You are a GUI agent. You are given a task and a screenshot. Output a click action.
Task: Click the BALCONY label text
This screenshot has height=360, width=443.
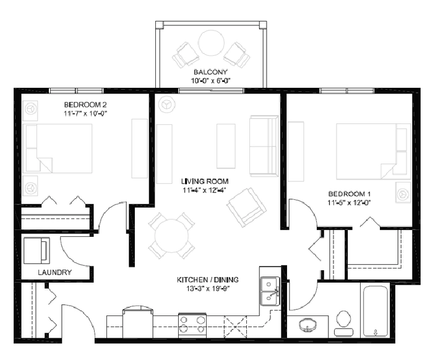(x=210, y=72)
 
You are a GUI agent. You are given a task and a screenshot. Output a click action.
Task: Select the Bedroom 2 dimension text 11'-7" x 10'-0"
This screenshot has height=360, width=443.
(x=85, y=114)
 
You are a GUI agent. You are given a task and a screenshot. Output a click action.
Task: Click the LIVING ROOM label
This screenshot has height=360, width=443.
(x=205, y=181)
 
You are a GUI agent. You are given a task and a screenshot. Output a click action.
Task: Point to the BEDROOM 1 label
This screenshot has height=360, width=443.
(x=349, y=194)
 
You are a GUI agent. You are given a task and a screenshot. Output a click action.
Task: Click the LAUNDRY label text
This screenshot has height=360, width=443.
(x=54, y=272)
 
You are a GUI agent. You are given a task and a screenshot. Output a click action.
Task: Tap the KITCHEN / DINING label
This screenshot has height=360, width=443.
(x=208, y=280)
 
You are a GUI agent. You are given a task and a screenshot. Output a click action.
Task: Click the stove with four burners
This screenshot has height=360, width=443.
(x=192, y=325)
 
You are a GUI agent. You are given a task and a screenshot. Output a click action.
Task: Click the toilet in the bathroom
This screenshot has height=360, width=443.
(x=343, y=324)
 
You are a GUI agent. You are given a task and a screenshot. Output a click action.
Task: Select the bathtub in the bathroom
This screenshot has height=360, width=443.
(x=376, y=311)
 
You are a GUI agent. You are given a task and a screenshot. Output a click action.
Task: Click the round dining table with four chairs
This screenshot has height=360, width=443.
(x=172, y=236)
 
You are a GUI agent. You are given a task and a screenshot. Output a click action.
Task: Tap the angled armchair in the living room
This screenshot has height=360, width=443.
(x=247, y=208)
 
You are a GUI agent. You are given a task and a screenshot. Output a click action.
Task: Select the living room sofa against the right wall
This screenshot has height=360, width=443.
(x=264, y=146)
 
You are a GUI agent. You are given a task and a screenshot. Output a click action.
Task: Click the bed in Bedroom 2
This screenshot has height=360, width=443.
(x=59, y=148)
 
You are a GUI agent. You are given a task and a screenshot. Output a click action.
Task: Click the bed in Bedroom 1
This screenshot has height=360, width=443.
(x=373, y=152)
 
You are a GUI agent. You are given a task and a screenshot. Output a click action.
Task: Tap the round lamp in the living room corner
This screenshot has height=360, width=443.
(x=166, y=105)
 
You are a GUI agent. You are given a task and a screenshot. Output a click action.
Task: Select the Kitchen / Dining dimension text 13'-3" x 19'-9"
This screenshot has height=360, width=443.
(x=208, y=289)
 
